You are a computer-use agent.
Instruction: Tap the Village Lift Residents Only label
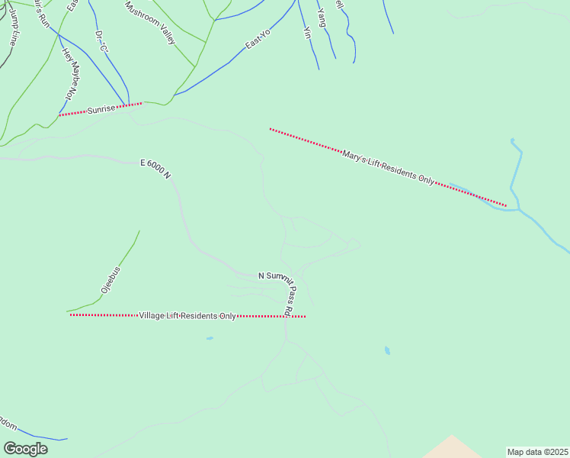pyautogui.click(x=187, y=315)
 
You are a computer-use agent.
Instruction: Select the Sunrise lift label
pyautogui.click(x=101, y=109)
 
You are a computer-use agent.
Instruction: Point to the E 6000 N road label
pyautogui.click(x=155, y=168)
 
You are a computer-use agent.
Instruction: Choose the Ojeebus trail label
pyautogui.click(x=111, y=280)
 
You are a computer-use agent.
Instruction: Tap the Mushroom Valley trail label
pyautogui.click(x=150, y=21)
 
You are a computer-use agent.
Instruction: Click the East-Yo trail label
pyautogui.click(x=258, y=40)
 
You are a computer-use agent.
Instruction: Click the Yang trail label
pyautogui.click(x=321, y=18)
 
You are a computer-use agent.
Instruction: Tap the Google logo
pyautogui.click(x=25, y=449)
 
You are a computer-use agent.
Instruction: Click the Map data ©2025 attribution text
pyautogui.click(x=537, y=452)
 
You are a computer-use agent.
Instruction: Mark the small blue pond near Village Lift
pyautogui.click(x=210, y=338)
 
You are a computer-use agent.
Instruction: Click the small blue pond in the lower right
pyautogui.click(x=387, y=351)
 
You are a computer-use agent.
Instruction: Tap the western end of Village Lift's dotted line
pyautogui.click(x=71, y=314)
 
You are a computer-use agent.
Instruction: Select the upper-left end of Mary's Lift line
pyautogui.click(x=271, y=129)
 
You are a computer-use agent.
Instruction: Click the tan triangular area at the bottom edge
pyautogui.click(x=453, y=449)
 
